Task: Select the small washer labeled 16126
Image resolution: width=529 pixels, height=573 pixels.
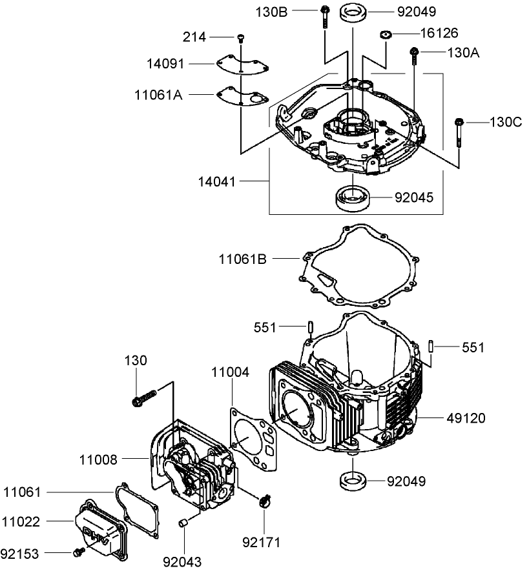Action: point(387,34)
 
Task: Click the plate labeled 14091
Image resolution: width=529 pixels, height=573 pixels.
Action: point(242,64)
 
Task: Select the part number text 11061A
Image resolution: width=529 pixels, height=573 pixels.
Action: point(158,95)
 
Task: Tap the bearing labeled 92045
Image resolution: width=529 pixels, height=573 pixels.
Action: point(353,197)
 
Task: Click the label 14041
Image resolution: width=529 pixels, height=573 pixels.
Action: point(218,183)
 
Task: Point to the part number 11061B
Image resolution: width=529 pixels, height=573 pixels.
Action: point(243,259)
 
